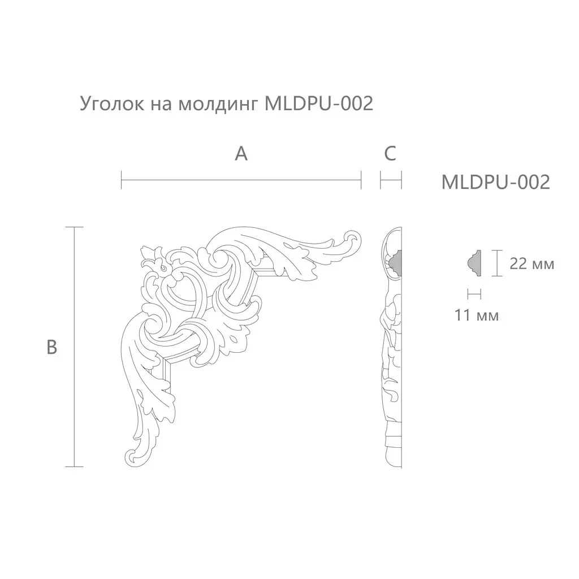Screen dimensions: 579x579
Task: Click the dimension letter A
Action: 241,154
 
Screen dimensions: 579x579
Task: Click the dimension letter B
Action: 52,347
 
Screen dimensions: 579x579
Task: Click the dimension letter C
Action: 390,154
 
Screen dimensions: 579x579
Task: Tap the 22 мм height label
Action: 532,263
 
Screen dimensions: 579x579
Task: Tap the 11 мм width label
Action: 476,315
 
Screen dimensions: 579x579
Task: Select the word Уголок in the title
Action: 113,104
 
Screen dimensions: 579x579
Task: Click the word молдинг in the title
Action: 218,105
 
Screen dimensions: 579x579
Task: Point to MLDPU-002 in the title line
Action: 319,103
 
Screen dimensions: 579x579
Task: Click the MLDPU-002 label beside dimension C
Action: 495,182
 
